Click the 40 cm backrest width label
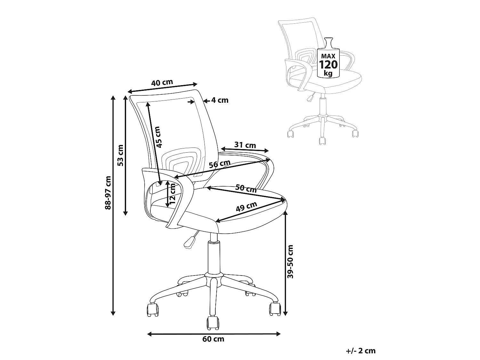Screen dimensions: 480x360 162,83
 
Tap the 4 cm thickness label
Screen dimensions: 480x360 220,100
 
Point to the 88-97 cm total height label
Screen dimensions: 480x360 108,193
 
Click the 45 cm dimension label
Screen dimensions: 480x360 158,137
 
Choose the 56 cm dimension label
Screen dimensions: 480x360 220,164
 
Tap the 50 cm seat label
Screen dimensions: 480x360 246,188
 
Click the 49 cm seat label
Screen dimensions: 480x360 246,206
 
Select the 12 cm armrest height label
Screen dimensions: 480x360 172,194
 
